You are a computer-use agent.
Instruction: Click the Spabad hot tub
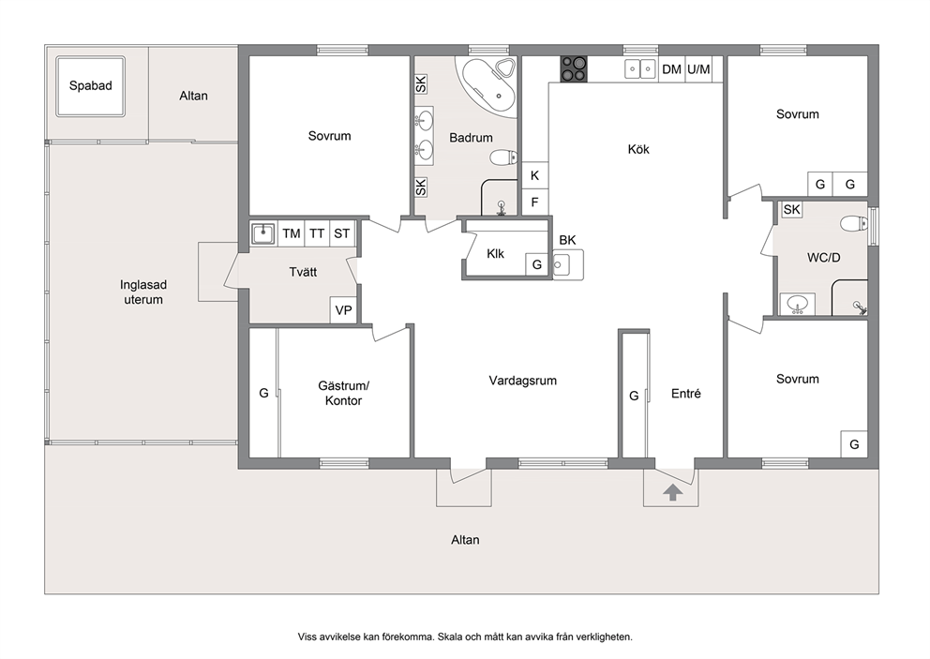tap(90, 86)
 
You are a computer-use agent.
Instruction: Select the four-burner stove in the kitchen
tap(574, 68)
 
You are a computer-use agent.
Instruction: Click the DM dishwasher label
tap(671, 69)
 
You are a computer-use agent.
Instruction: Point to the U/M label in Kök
tap(698, 69)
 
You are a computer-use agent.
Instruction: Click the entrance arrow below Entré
tap(672, 492)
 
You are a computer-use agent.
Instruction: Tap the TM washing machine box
tap(291, 233)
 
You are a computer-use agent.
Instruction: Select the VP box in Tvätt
tap(343, 310)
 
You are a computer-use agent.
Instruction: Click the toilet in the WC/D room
tap(853, 224)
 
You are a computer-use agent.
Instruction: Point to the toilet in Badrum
tap(503, 157)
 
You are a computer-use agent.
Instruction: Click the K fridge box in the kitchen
tap(534, 175)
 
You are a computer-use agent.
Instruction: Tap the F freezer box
tap(534, 202)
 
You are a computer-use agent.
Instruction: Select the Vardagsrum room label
tap(522, 381)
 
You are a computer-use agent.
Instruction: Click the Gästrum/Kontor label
tap(343, 394)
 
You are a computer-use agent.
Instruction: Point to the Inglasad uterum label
tap(142, 292)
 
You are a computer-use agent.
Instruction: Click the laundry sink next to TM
tap(262, 233)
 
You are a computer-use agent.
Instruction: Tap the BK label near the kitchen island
tap(567, 240)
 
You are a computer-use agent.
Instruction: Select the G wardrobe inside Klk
tap(537, 264)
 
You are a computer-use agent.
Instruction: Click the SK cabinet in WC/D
tap(792, 209)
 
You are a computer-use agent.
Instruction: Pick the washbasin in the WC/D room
tap(797, 305)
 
